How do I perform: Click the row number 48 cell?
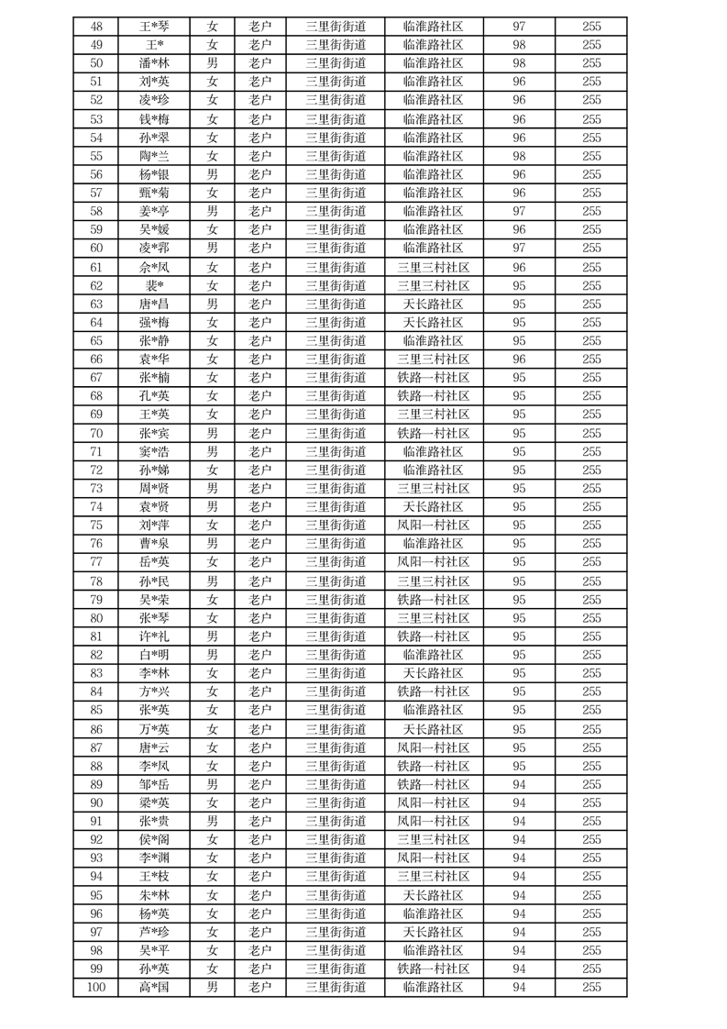[96, 27]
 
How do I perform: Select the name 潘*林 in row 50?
[154, 63]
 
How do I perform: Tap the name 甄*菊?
[154, 193]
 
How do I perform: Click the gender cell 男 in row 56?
[212, 174]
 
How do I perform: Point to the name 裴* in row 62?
[154, 285]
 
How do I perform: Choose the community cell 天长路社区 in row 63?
[433, 304]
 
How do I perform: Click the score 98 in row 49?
[519, 45]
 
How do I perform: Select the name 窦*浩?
[154, 451]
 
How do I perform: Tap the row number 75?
[96, 526]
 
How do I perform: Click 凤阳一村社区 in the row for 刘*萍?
[433, 526]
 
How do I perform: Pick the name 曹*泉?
[154, 544]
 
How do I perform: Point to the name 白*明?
[154, 655]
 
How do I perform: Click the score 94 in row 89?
[519, 784]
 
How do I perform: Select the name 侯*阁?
[154, 839]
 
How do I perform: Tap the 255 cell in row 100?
[591, 987]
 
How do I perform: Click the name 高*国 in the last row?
[154, 987]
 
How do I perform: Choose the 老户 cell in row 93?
[260, 857]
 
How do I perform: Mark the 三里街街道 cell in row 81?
[336, 636]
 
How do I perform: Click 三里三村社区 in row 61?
[433, 267]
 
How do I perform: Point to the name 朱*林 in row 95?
[154, 895]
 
